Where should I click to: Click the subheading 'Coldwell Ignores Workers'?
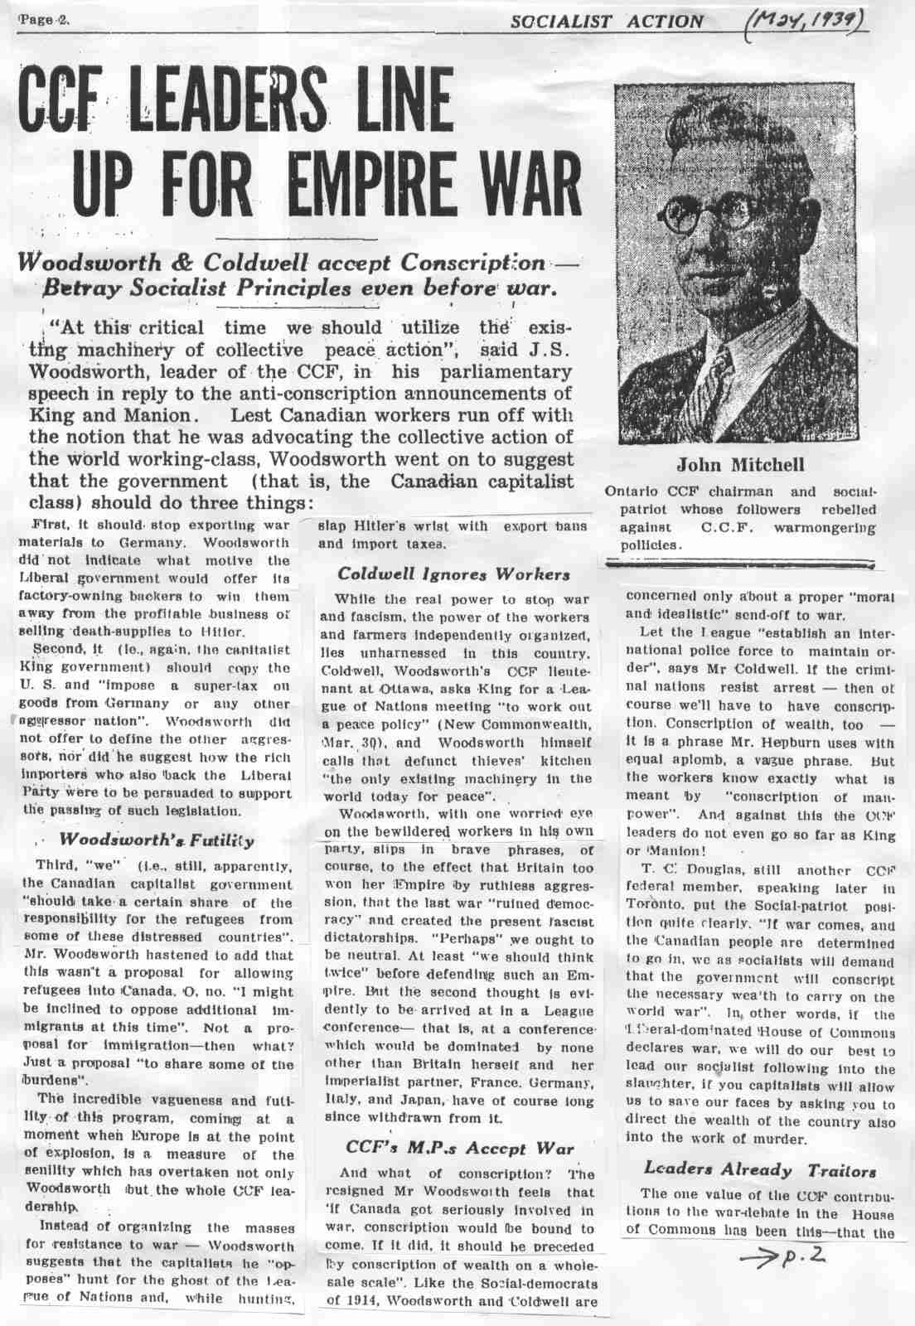(453, 574)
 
